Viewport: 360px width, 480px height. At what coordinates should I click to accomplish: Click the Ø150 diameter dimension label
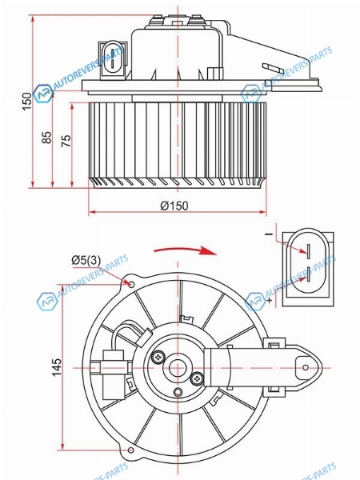tap(174, 206)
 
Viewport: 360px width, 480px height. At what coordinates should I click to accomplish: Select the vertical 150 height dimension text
tap(27, 102)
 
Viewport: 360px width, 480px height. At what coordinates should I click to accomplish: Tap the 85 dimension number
tap(47, 137)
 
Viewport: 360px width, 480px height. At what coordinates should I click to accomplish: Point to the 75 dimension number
tap(66, 141)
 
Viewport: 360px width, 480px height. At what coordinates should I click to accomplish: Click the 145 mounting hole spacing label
tap(56, 367)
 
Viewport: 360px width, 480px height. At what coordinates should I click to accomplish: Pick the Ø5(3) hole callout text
tap(86, 260)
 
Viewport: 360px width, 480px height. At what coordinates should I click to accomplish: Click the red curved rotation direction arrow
tap(186, 250)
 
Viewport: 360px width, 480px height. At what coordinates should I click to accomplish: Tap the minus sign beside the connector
tap(269, 234)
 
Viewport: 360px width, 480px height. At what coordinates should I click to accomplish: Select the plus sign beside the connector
tap(270, 300)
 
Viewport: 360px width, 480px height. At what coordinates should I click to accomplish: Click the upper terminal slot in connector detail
tap(309, 249)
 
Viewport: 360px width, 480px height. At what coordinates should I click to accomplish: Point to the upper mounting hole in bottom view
tap(131, 285)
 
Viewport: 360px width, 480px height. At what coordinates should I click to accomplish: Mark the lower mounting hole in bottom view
tap(130, 450)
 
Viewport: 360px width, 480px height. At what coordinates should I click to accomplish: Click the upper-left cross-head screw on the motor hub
tap(158, 357)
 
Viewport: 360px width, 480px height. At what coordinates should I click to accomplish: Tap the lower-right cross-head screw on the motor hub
tap(197, 379)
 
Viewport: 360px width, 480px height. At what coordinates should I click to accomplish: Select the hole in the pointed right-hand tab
tap(306, 367)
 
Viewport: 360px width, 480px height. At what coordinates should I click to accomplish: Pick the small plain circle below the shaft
tap(178, 391)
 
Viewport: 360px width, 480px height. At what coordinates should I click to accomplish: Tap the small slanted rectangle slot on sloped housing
tap(274, 70)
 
